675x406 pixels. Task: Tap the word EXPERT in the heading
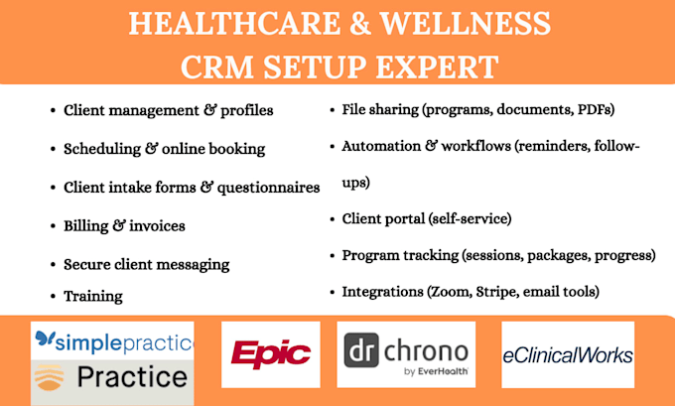click(x=437, y=67)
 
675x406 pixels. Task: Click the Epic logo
click(x=271, y=354)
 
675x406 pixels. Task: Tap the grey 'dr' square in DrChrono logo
click(x=361, y=350)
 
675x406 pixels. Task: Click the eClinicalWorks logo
click(x=568, y=355)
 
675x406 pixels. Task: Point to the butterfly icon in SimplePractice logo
click(x=46, y=338)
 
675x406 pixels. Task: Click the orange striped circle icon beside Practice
click(x=49, y=377)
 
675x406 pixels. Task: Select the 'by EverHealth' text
click(x=436, y=371)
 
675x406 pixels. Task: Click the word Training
click(x=93, y=297)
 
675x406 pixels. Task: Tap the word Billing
click(x=86, y=226)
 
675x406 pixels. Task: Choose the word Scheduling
click(x=102, y=149)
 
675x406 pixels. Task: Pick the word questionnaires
click(x=268, y=188)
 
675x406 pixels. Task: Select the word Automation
click(x=381, y=146)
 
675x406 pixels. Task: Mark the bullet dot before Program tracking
click(x=333, y=256)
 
